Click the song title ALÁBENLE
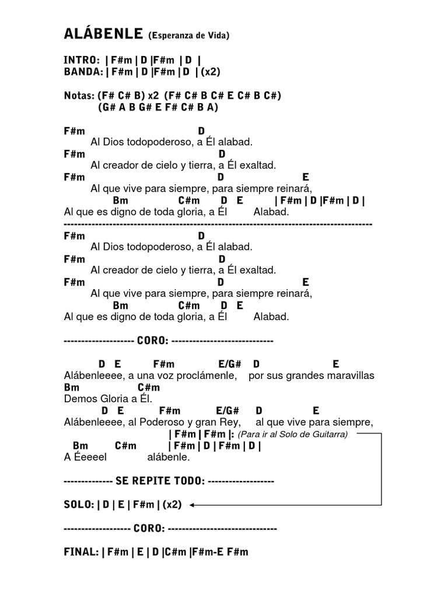[x=103, y=34]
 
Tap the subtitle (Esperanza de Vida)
[x=188, y=36]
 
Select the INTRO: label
[x=81, y=61]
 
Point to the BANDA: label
[x=84, y=72]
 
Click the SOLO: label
[x=79, y=505]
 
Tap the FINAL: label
[x=81, y=552]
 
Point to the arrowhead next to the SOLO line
[x=192, y=505]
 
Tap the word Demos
[x=78, y=399]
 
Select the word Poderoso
[x=160, y=422]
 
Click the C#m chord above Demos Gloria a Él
[x=149, y=387]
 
